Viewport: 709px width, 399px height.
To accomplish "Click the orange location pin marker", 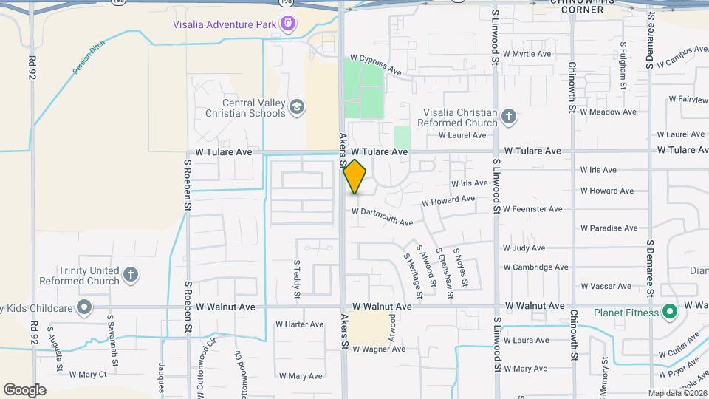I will click(355, 177).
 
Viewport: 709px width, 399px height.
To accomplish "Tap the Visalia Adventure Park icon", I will click(288, 24).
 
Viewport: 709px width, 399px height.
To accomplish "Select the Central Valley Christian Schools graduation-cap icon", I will click(296, 107).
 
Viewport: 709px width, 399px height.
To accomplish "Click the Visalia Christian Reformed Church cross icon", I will click(508, 117).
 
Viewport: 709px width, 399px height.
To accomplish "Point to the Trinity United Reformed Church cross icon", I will click(131, 275).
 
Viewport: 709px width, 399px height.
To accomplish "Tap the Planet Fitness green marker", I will click(670, 312).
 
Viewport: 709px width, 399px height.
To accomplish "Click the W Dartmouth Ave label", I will click(382, 216).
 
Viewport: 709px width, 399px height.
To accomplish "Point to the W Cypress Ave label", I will click(376, 64).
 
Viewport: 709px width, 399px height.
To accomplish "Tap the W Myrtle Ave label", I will click(527, 54).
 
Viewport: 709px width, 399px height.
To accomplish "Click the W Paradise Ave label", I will click(609, 228).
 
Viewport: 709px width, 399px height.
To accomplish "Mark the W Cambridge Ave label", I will click(535, 267).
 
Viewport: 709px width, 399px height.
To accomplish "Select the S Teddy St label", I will click(298, 279).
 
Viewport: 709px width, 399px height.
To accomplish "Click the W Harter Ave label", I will click(300, 324).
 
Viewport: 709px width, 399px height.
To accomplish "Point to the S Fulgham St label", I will click(624, 66).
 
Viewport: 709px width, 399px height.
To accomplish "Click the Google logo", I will click(24, 390).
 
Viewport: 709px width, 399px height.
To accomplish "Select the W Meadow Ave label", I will click(608, 112).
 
